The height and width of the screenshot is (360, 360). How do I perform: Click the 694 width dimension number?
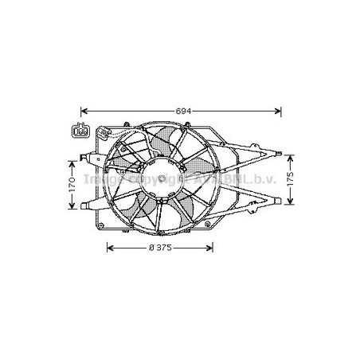point(182,108)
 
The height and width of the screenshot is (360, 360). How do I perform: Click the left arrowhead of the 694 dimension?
point(85,109)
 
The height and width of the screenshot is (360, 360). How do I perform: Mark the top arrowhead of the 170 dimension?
point(72,163)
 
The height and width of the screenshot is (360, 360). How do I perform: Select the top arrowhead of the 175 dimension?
point(292,153)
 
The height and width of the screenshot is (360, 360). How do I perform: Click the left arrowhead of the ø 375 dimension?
point(110,247)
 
